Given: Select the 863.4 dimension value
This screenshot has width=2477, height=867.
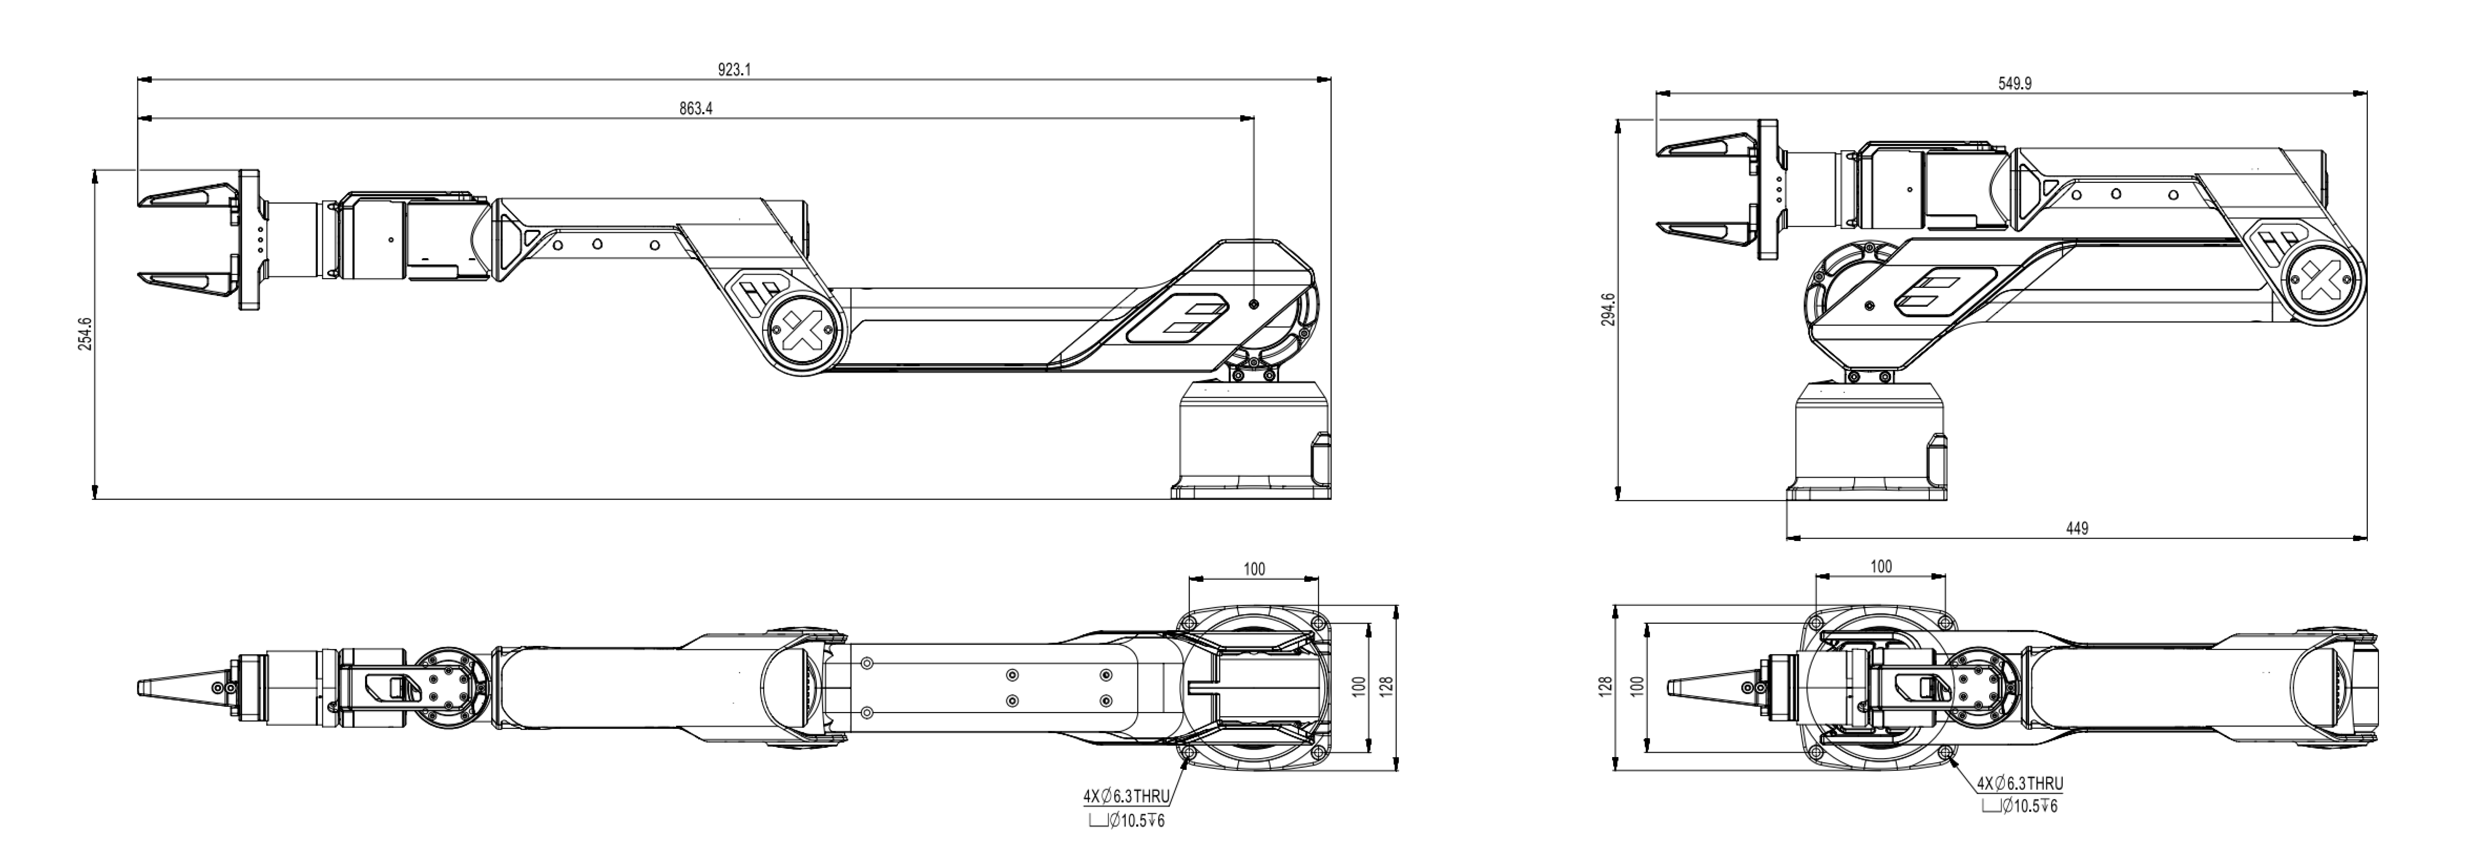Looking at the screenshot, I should (x=695, y=109).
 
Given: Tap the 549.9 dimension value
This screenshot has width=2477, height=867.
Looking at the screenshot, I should (x=2014, y=84).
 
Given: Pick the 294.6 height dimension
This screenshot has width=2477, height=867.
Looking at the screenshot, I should (x=1608, y=310).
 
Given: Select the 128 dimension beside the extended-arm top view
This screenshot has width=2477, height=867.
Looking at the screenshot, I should (x=1387, y=686).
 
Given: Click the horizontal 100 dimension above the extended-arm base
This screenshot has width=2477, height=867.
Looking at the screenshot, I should (x=1254, y=569).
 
